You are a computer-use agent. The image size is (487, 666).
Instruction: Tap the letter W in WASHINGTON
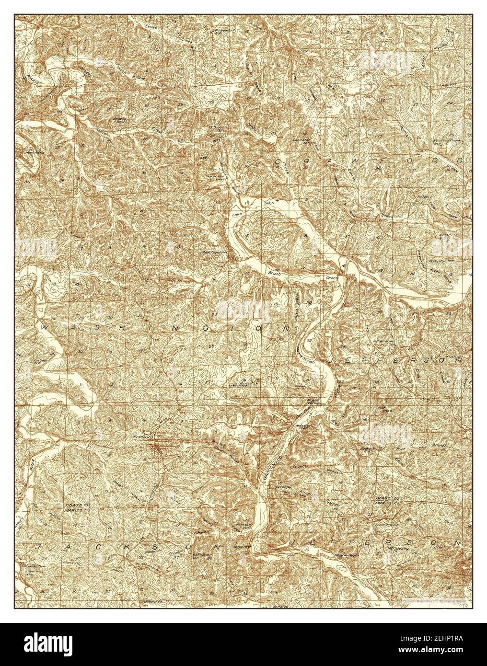click(x=46, y=327)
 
